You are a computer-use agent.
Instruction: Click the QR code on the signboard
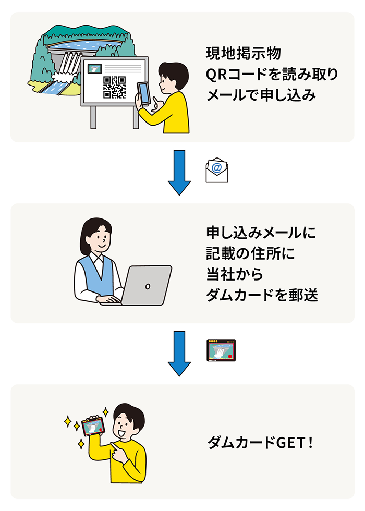tap(115, 87)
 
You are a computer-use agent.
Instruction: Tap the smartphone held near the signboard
tap(143, 93)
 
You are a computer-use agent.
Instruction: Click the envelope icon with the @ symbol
tap(217, 170)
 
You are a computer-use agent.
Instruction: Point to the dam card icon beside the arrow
tap(221, 351)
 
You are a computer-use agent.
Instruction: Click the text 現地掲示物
tap(244, 54)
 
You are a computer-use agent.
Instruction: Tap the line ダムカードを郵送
tap(262, 296)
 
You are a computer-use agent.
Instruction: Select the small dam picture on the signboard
tap(95, 68)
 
